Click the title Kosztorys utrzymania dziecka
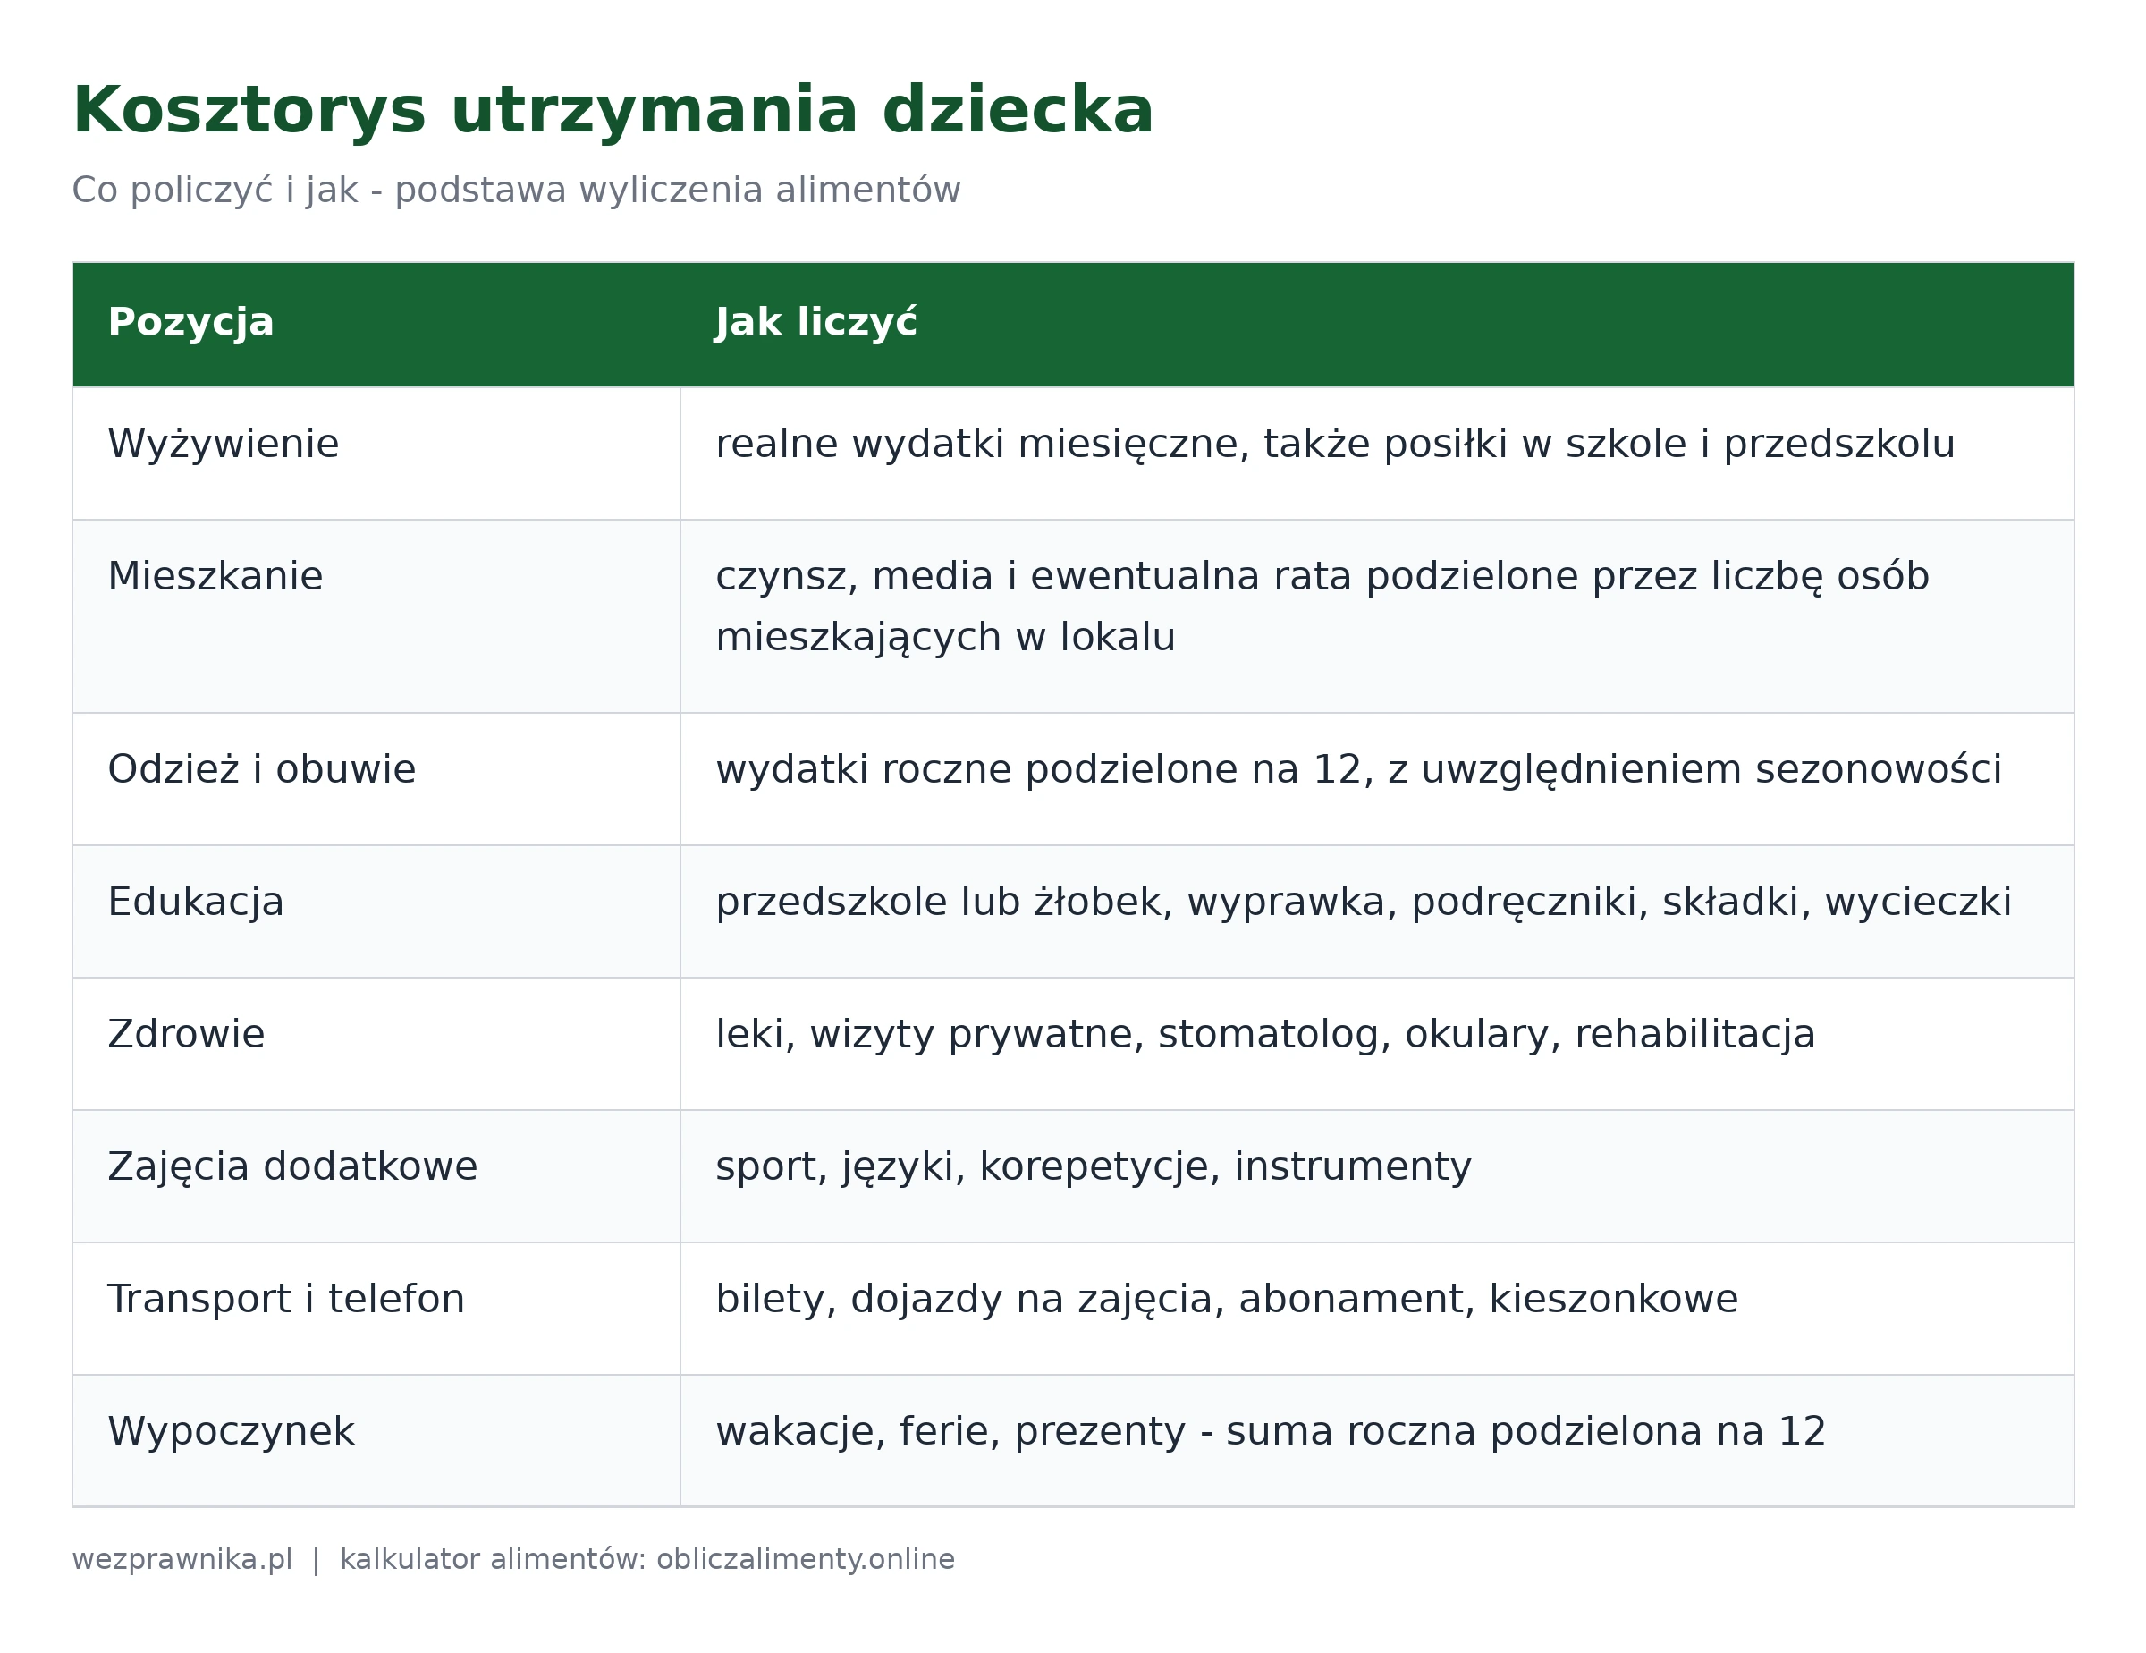[613, 111]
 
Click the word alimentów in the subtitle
[867, 190]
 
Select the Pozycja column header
[190, 323]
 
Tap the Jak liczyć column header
[815, 321]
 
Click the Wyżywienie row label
[223, 445]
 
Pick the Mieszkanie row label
[215, 576]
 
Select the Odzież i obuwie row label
[261, 768]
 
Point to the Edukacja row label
[196, 903]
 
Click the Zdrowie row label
[186, 1034]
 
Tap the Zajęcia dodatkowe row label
[291, 1166]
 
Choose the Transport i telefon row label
[286, 1298]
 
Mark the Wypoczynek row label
[231, 1432]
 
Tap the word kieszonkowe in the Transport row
[1613, 1298]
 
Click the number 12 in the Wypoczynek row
[1801, 1431]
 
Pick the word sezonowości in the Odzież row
[1879, 768]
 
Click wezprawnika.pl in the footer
[182, 1560]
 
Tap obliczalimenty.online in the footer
[806, 1560]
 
